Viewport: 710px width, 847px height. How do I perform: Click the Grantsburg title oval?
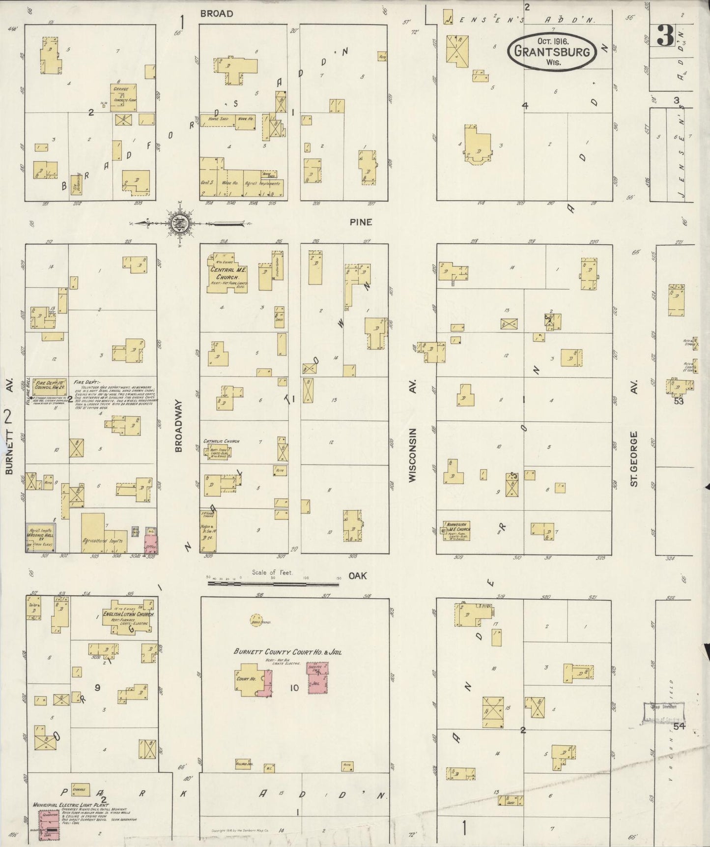[x=553, y=50]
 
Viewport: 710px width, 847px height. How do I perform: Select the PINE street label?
[x=361, y=222]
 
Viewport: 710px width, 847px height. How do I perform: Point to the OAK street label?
[x=358, y=575]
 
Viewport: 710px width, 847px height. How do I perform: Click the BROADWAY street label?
[x=179, y=426]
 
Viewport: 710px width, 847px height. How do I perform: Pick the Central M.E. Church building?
[x=226, y=274]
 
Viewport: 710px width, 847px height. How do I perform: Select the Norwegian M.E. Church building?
[x=456, y=530]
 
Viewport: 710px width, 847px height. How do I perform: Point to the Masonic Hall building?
[x=40, y=537]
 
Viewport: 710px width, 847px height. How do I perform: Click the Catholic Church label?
[x=221, y=441]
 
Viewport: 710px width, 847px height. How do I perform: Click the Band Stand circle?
[x=256, y=618]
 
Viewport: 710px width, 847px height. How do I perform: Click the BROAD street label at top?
[x=216, y=14]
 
